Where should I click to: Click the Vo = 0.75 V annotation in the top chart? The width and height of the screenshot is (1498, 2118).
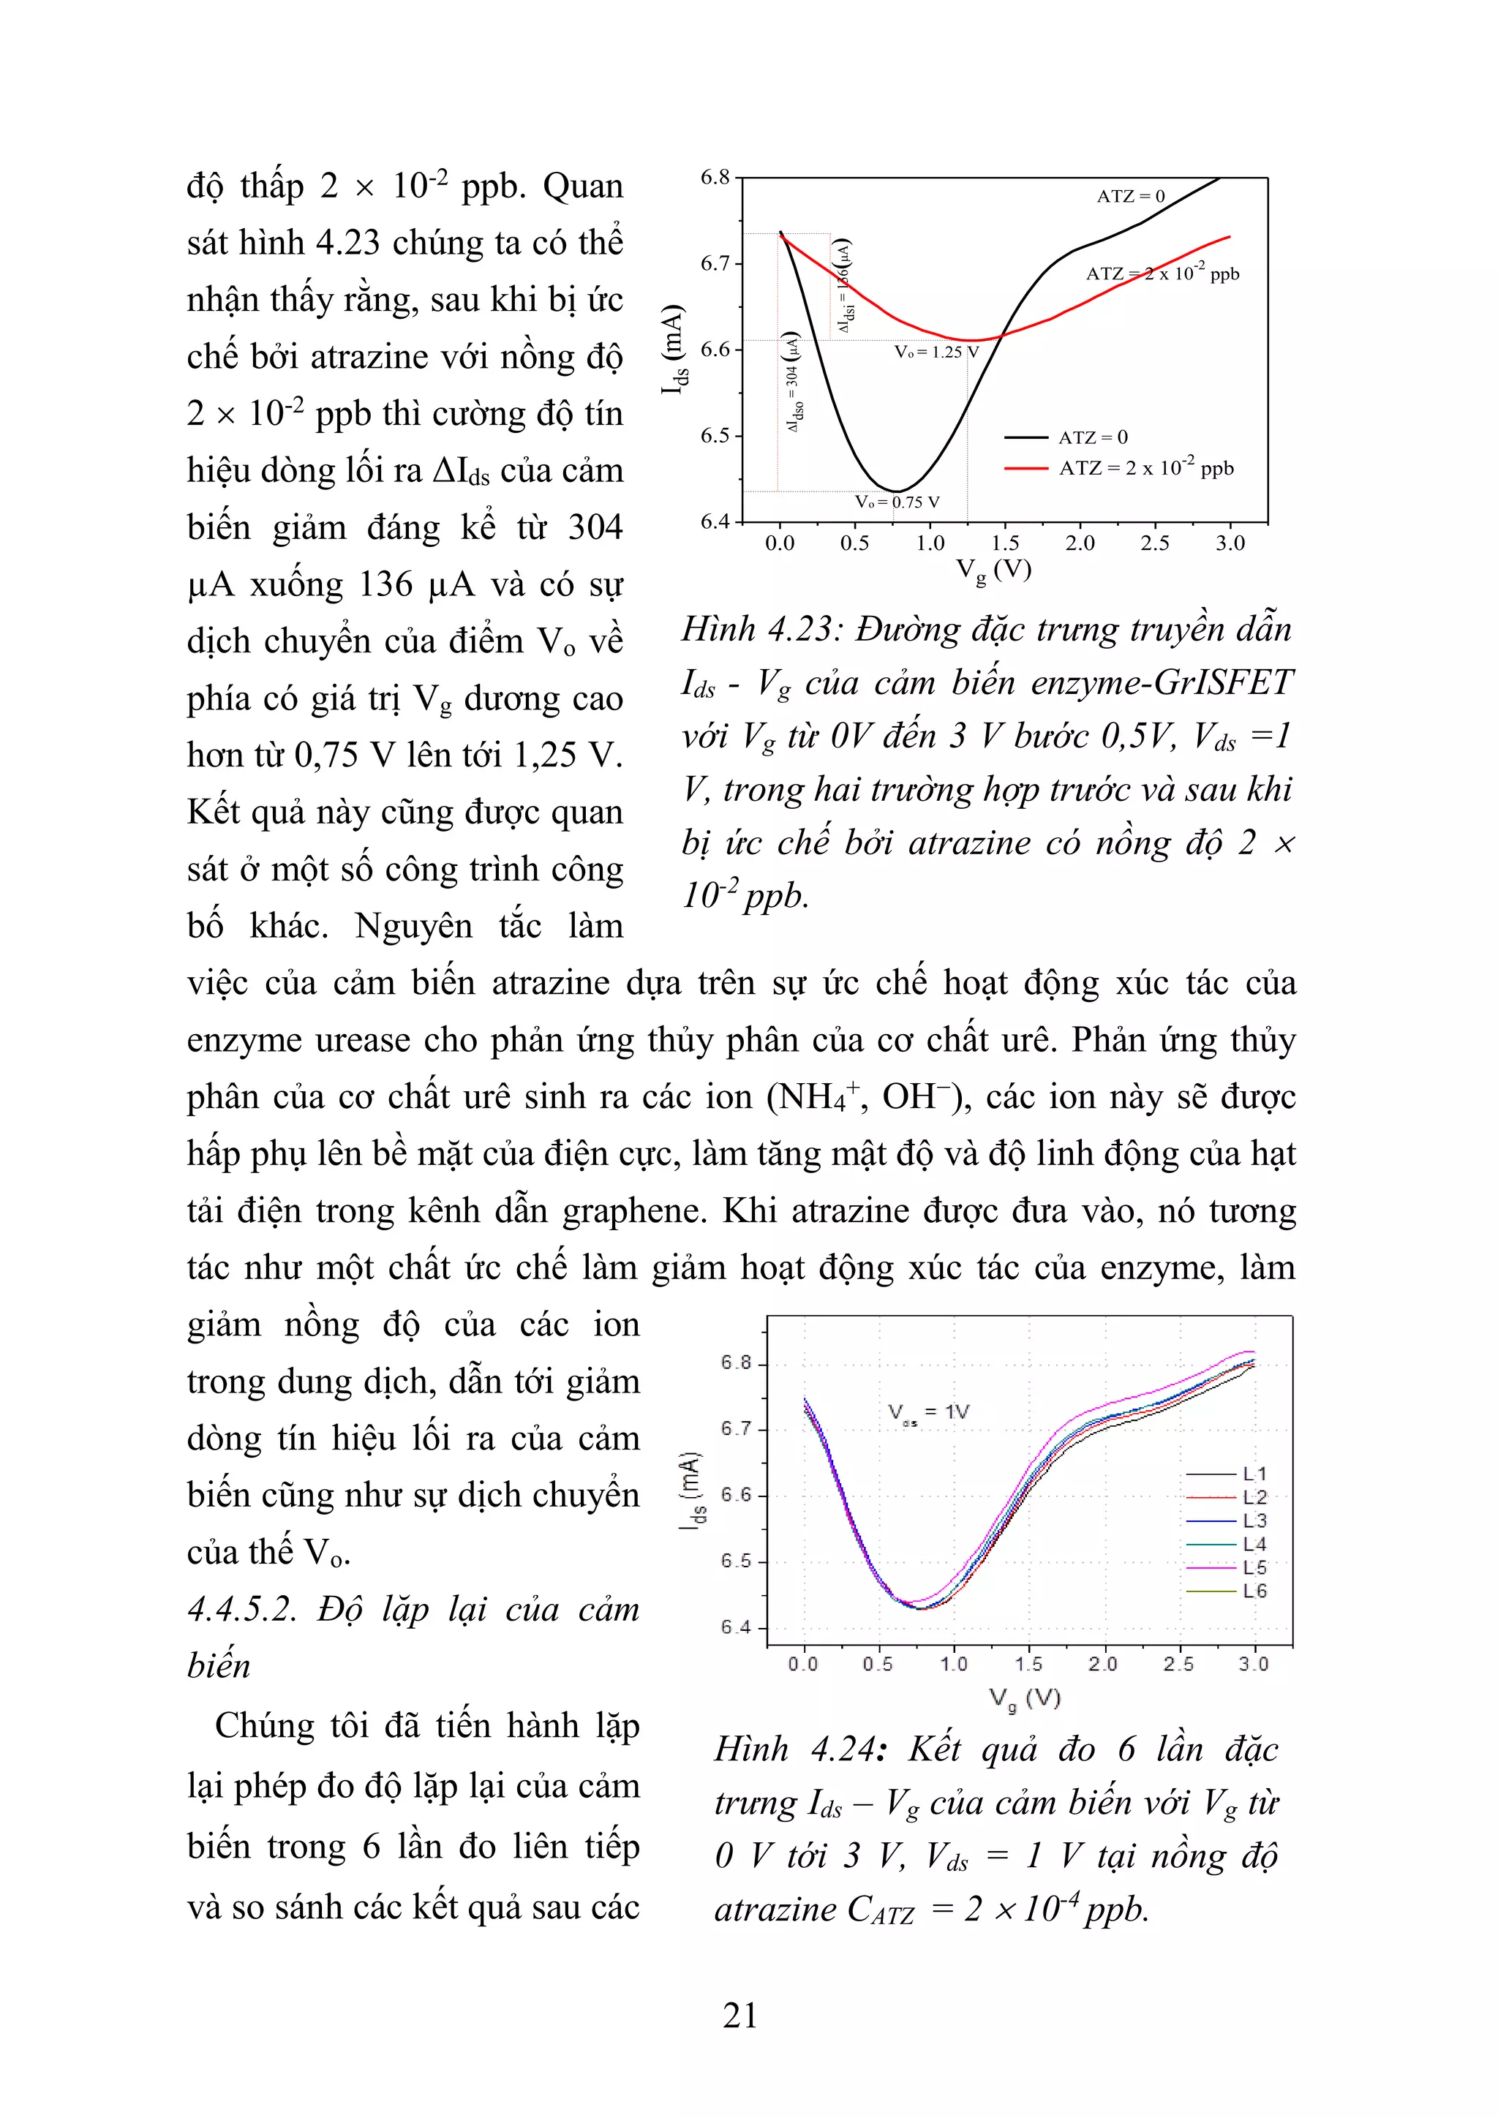click(897, 502)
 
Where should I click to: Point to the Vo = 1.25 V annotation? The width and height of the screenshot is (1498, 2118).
click(936, 352)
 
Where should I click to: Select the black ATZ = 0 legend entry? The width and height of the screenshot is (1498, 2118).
click(1092, 437)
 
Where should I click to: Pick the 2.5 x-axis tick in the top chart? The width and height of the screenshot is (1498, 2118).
click(1155, 543)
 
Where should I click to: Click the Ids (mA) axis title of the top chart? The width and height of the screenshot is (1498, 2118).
click(675, 349)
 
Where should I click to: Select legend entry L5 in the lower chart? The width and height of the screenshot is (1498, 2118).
click(1254, 1567)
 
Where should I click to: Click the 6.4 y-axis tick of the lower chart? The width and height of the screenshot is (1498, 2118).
click(736, 1627)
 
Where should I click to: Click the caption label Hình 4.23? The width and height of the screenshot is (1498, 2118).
click(760, 630)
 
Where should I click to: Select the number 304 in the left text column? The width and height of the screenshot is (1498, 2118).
click(594, 527)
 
